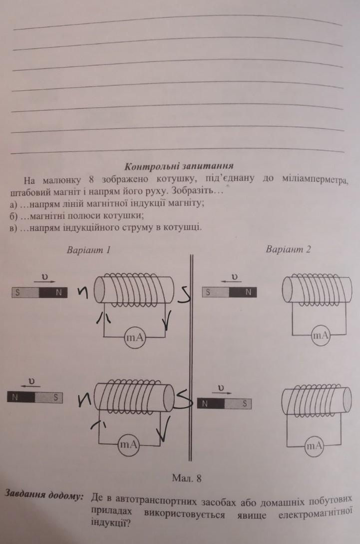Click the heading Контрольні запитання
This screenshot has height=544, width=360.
179,166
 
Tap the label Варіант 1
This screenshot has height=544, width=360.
88,250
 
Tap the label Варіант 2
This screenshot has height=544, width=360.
288,249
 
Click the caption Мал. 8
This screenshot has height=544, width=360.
187,479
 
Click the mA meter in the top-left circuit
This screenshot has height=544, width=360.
135,337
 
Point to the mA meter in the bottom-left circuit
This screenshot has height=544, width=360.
129,445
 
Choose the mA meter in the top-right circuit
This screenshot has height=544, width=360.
321,335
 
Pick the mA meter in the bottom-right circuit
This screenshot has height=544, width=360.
314,445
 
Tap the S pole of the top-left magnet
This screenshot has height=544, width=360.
25,293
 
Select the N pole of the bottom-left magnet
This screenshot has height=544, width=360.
21,397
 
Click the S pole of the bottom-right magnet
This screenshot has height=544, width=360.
238,404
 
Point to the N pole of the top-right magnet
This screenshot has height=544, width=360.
243,292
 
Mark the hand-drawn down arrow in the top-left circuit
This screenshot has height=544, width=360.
167,319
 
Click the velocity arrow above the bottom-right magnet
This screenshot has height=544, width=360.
222,393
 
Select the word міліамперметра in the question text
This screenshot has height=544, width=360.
314,180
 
